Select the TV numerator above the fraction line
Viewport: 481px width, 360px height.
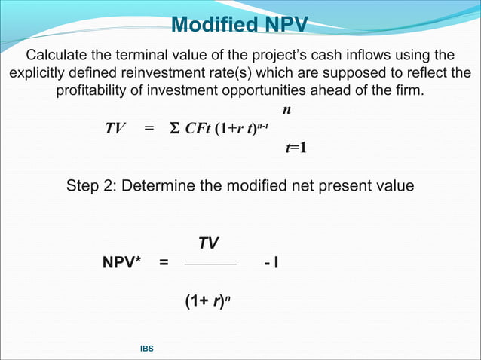coord(208,243)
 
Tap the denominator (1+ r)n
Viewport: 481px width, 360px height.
coord(208,303)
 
